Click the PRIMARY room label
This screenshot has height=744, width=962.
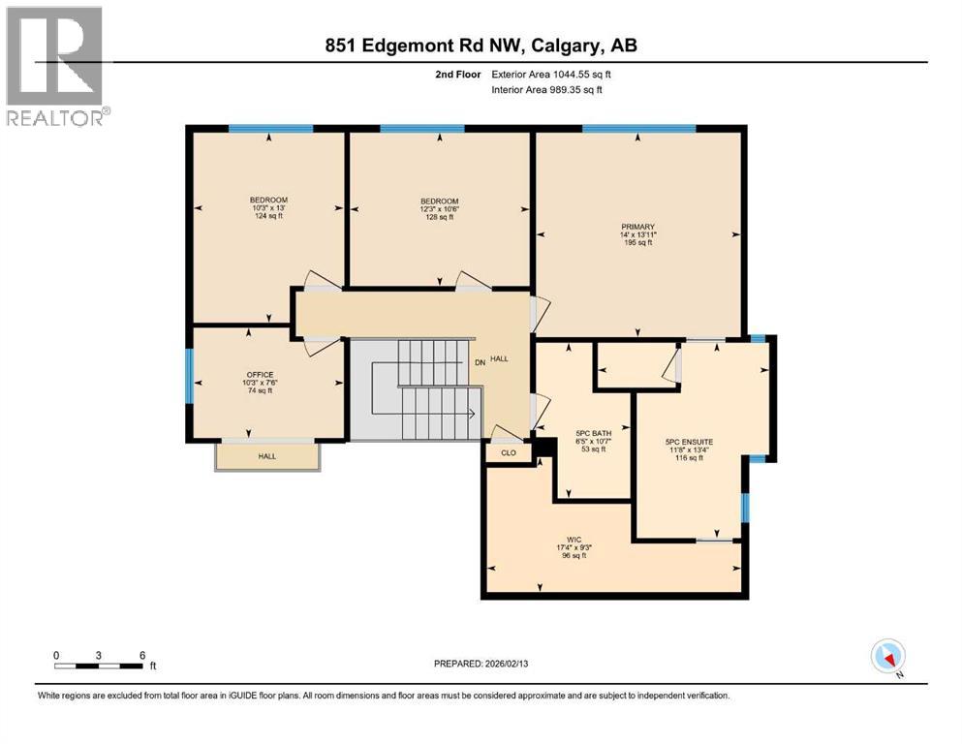coord(637,227)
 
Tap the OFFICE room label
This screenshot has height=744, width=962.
coord(260,375)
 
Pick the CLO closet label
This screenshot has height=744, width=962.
coord(509,451)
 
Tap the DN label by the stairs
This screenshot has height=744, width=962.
coord(479,363)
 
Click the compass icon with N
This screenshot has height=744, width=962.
coord(887,657)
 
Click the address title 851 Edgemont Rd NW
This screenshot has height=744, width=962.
coord(481,46)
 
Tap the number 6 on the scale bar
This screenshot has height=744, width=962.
coord(142,655)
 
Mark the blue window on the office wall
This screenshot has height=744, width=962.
coord(190,376)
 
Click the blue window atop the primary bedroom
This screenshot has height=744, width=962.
coord(638,128)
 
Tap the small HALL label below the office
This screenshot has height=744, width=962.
coord(266,456)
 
